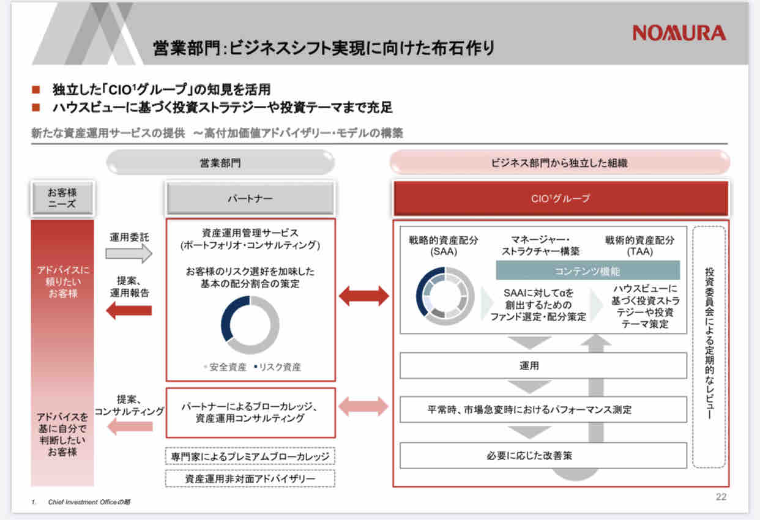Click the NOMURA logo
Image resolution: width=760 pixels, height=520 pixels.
[x=679, y=32]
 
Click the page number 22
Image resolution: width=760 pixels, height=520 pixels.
[x=721, y=497]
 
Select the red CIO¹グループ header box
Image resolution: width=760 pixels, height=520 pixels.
[x=561, y=198]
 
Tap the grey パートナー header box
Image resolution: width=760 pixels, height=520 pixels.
[x=250, y=199]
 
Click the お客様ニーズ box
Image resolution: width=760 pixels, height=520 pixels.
[x=62, y=198]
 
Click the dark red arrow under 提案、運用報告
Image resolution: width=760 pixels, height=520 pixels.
[x=129, y=310]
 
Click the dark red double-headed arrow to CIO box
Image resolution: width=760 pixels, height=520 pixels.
[x=364, y=296]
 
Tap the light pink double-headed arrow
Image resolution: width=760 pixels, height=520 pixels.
[x=364, y=406]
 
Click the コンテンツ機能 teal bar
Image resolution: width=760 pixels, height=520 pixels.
[x=587, y=270]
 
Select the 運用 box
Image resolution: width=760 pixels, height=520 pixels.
[x=543, y=366]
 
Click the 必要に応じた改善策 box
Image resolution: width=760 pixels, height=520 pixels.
[x=543, y=456]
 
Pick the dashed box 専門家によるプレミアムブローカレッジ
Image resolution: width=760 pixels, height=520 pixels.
[x=250, y=456]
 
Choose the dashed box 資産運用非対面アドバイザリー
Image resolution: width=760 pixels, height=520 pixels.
[x=250, y=478]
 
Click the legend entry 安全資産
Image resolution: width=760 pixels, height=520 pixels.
[x=225, y=367]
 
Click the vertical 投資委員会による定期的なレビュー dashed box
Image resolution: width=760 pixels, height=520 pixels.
[x=709, y=346]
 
